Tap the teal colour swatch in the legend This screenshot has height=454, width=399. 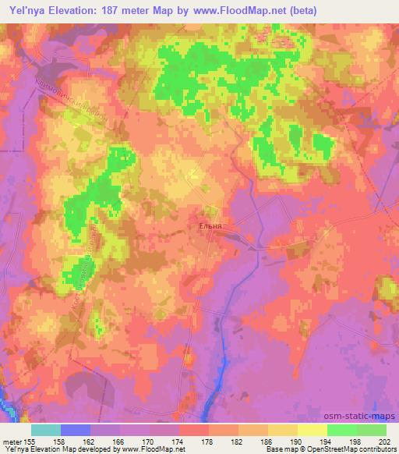click(46, 430)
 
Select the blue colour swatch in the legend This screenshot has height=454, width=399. click(76, 430)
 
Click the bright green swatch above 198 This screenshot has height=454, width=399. click(342, 430)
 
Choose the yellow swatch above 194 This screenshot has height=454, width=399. click(312, 430)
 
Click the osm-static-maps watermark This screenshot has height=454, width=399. click(362, 417)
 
